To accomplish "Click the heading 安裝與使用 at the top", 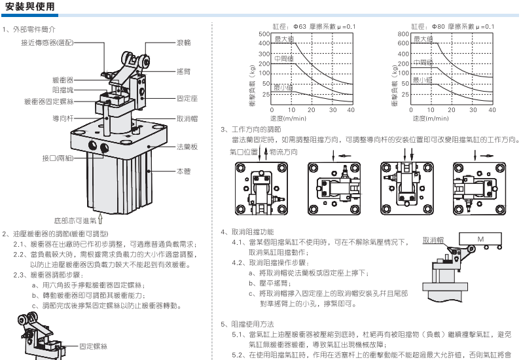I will coord(28,7).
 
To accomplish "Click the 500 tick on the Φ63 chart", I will coord(264,34).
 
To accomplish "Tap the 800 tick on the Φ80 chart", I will coord(403,34).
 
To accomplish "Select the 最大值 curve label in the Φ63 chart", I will coord(284,40).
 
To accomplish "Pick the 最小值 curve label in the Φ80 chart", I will coord(423,80).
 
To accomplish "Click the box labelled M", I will coord(480,240).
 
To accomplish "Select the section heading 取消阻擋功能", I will coord(253,232).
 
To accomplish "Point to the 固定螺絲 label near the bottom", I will coord(94,345).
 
